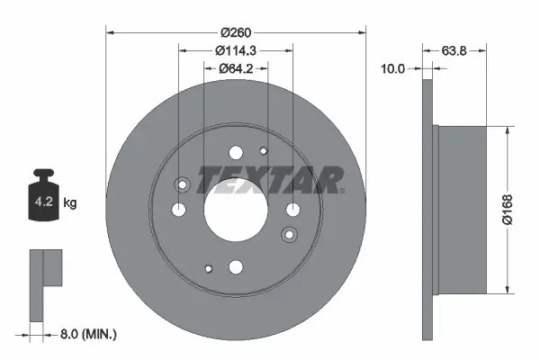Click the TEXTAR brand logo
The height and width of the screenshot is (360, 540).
270,181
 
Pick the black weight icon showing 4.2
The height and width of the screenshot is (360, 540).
46,192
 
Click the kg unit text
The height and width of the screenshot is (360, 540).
70,203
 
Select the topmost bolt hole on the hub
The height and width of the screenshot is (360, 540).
236,153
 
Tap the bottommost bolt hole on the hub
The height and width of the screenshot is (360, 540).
236,266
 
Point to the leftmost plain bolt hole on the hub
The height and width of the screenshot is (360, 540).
178,210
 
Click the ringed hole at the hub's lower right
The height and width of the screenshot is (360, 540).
289,235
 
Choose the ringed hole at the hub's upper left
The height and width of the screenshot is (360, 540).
183,185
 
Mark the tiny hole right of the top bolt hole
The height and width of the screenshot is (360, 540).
263,151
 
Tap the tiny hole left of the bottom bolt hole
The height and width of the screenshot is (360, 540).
208,267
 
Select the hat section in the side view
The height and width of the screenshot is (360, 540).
463,209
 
